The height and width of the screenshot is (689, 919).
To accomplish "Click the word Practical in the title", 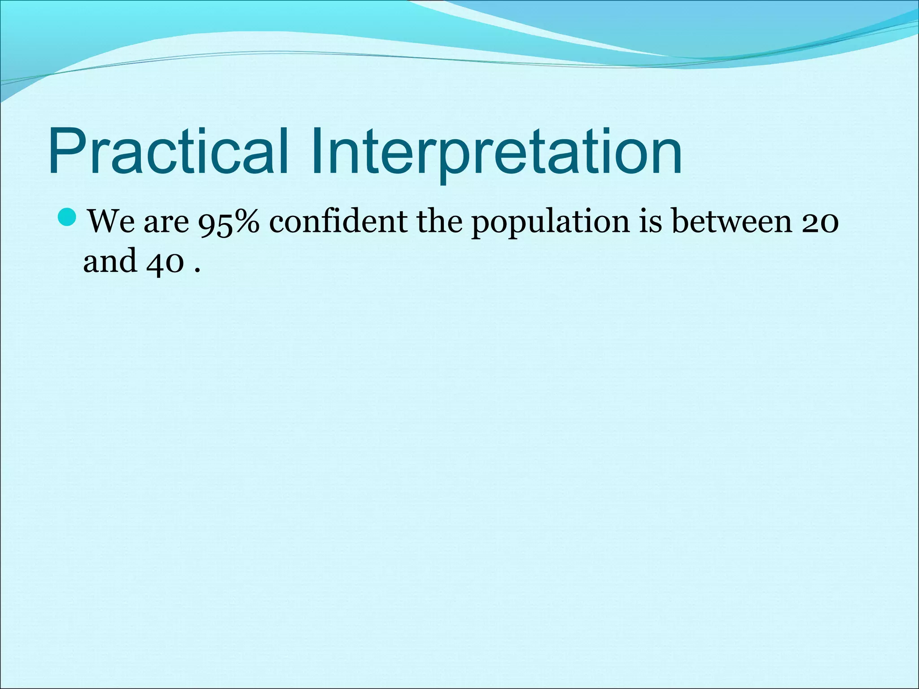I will pyautogui.click(x=168, y=151).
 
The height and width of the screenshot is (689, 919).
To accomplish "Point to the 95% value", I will pyautogui.click(x=229, y=222).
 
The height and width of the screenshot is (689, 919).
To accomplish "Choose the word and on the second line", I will pyautogui.click(x=110, y=261).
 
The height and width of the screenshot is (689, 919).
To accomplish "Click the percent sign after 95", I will pyautogui.click(x=245, y=222).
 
